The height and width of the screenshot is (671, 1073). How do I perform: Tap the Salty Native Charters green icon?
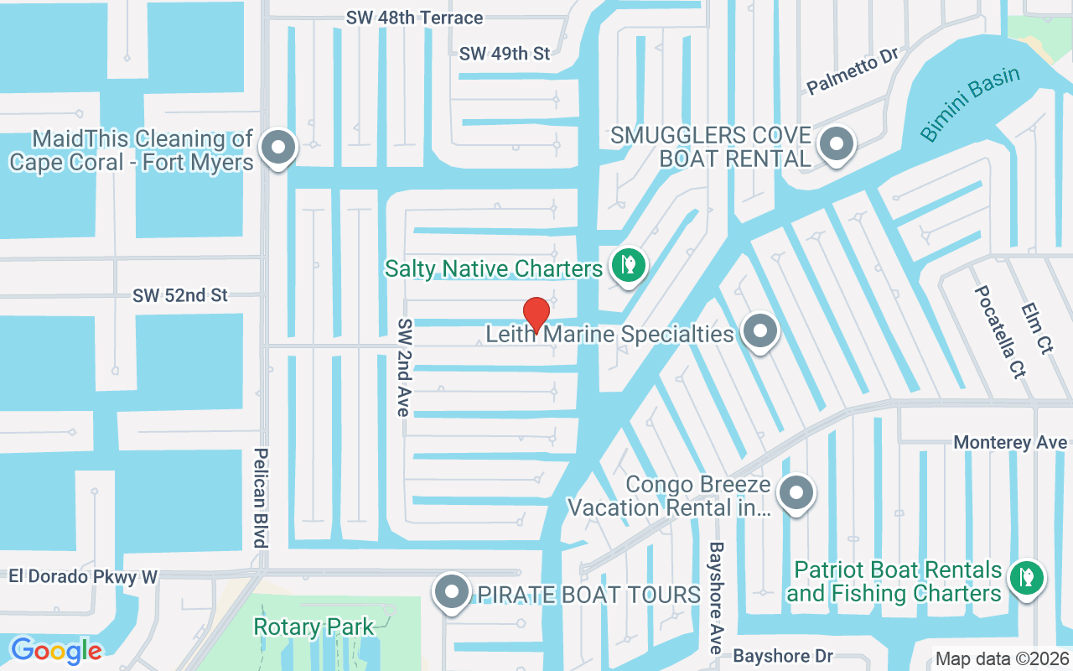pos(628,265)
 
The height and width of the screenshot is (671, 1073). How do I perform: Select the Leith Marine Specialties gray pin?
pos(760,331)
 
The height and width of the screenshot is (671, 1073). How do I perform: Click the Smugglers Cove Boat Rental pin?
pos(835,144)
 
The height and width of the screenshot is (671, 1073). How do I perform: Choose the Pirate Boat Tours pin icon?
pos(454,592)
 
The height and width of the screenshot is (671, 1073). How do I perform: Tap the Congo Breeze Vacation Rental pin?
pos(796,493)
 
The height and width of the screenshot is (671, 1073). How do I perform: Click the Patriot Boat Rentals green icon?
pos(1025,577)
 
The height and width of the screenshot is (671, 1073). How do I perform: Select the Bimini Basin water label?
pos(970,103)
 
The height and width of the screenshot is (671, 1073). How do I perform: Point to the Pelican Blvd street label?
pos(261,497)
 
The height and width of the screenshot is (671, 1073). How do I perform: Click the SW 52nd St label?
pos(180,295)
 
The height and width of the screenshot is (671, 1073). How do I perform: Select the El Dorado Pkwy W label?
pos(83,576)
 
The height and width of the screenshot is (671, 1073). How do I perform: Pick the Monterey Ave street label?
pos(1010,442)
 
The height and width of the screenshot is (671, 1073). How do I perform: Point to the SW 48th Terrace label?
pos(415,18)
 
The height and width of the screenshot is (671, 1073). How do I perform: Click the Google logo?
pos(56,650)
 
